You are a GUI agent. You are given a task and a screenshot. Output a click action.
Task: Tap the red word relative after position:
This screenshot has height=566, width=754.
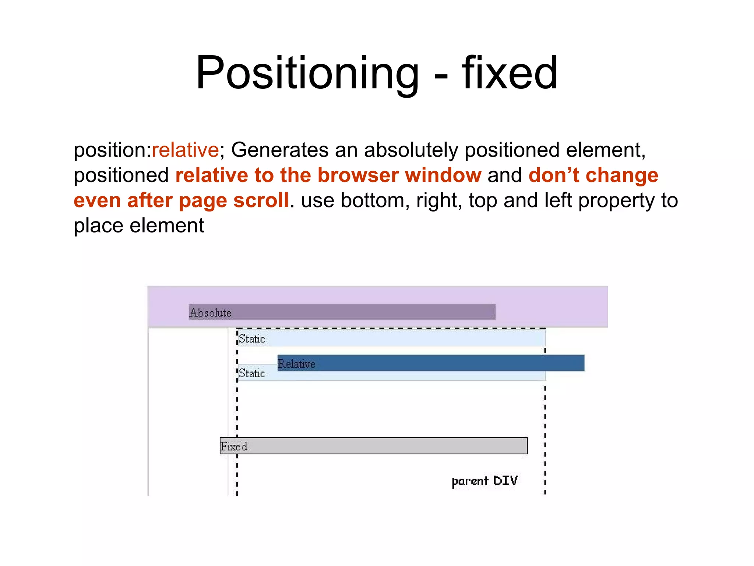tap(185, 150)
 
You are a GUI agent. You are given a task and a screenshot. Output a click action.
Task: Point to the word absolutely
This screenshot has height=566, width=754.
tap(411, 150)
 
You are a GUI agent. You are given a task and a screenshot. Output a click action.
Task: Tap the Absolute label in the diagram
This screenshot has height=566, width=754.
tap(210, 313)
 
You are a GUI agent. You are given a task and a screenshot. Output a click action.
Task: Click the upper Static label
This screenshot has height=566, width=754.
tap(252, 339)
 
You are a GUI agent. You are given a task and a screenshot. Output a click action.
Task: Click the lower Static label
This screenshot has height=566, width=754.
tap(252, 373)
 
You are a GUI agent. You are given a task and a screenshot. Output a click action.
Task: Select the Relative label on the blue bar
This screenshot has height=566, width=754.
tap(297, 364)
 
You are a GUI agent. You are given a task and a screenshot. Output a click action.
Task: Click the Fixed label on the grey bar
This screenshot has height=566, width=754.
tap(234, 446)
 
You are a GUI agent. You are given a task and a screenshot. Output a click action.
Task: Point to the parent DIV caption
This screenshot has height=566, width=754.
tap(485, 481)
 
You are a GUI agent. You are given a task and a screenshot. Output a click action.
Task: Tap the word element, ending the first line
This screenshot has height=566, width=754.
tap(606, 150)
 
